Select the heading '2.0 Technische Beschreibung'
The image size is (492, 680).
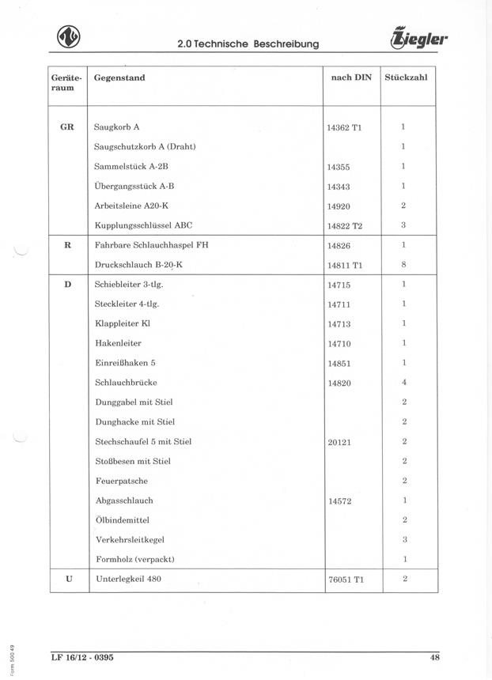coord(248,43)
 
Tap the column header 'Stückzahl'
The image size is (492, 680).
coord(406,77)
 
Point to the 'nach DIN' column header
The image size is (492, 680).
coord(350,77)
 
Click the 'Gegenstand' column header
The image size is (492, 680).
coord(119,77)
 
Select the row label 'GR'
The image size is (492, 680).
coord(67,127)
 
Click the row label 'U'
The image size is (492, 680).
coord(68,579)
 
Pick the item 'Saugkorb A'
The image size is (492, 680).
coord(116,127)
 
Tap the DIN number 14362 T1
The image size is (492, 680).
coord(344,127)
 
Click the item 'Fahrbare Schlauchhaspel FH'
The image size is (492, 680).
coord(151,245)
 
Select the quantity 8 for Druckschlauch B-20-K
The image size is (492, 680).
coord(403,265)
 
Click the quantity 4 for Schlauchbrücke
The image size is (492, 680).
coord(403,383)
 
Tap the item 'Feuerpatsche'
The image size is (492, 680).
coord(121,481)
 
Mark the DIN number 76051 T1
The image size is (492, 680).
coord(345,580)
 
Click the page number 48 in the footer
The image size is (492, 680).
coord(434,657)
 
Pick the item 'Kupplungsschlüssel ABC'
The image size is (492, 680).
coord(143,225)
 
